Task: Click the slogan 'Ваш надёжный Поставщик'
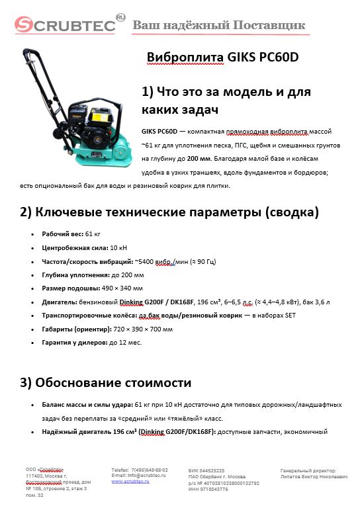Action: [x=219, y=25]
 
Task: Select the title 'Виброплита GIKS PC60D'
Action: [x=222, y=58]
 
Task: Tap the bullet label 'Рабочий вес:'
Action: [x=63, y=234]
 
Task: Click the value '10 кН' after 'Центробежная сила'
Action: [x=119, y=248]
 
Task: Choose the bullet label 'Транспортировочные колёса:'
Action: [x=84, y=316]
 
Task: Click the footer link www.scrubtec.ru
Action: [x=130, y=482]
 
